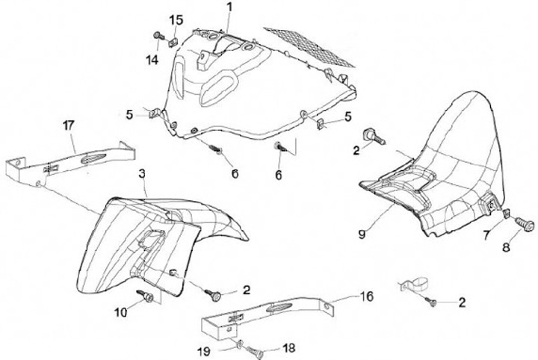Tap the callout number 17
[x=69, y=126]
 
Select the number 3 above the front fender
[x=140, y=173]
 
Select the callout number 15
[x=176, y=19]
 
